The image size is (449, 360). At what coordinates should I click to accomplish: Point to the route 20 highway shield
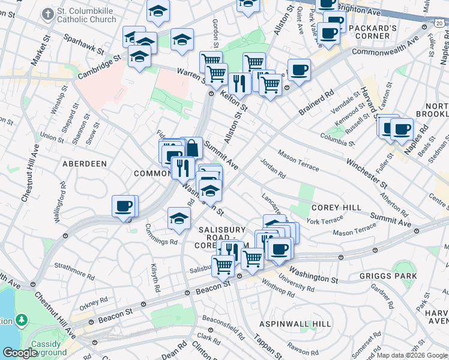tap(440, 23)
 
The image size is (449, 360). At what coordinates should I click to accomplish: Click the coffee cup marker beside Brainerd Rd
tap(299, 70)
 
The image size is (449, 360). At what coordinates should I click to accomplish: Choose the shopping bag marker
tap(191, 148)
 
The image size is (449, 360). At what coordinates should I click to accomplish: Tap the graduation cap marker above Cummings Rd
tap(179, 219)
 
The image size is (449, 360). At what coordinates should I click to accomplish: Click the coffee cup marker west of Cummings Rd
tap(124, 206)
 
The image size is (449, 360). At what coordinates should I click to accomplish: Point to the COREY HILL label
tap(336, 207)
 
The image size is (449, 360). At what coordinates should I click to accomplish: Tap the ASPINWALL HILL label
tap(295, 323)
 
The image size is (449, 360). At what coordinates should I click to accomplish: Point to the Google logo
tap(20, 353)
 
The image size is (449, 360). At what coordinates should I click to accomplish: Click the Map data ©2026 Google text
tap(411, 355)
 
